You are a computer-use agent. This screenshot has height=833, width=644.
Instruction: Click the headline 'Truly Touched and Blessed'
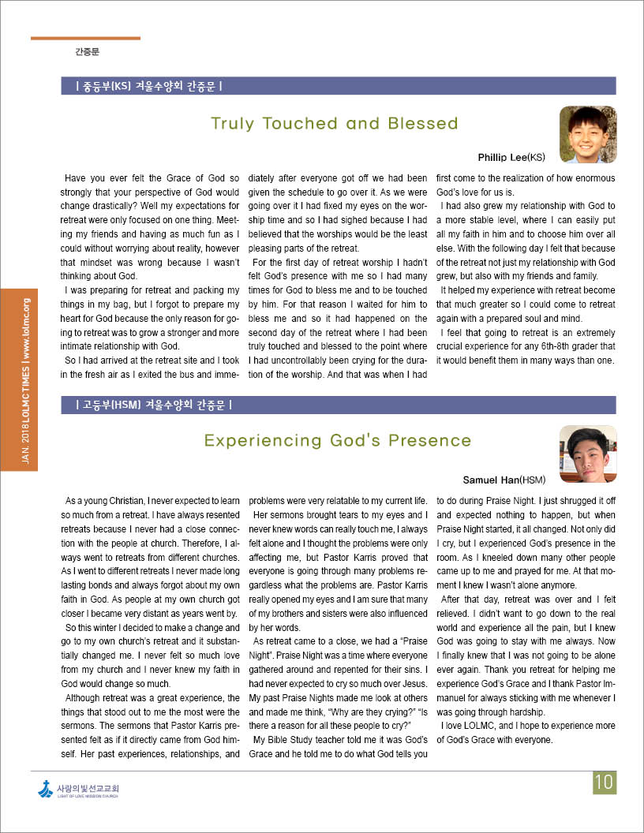(x=335, y=124)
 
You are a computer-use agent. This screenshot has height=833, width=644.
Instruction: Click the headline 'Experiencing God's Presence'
(x=337, y=440)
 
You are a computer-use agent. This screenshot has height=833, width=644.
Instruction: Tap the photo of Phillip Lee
(x=588, y=134)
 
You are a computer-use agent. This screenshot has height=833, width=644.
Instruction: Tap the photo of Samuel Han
(x=588, y=454)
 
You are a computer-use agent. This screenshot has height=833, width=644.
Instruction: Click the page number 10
(x=605, y=782)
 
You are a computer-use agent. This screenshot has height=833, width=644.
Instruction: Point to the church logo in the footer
(x=46, y=788)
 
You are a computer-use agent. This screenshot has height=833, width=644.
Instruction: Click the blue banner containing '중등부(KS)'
(x=339, y=85)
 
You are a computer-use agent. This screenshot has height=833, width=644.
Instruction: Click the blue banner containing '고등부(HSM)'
(x=339, y=405)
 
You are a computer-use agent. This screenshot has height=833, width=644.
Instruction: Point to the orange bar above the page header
(x=85, y=38)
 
